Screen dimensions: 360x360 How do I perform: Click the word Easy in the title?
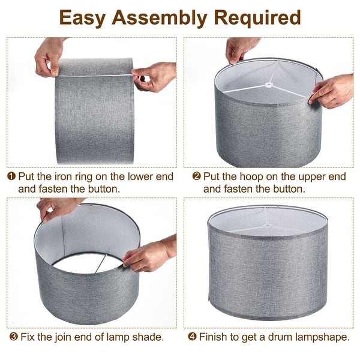(83, 17)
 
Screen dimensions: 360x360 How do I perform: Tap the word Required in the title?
(260, 17)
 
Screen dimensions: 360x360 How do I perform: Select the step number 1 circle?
(12, 176)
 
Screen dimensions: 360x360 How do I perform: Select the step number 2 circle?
(197, 176)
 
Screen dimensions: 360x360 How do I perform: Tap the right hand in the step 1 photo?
(155, 76)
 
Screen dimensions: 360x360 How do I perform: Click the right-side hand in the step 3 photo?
(147, 255)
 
